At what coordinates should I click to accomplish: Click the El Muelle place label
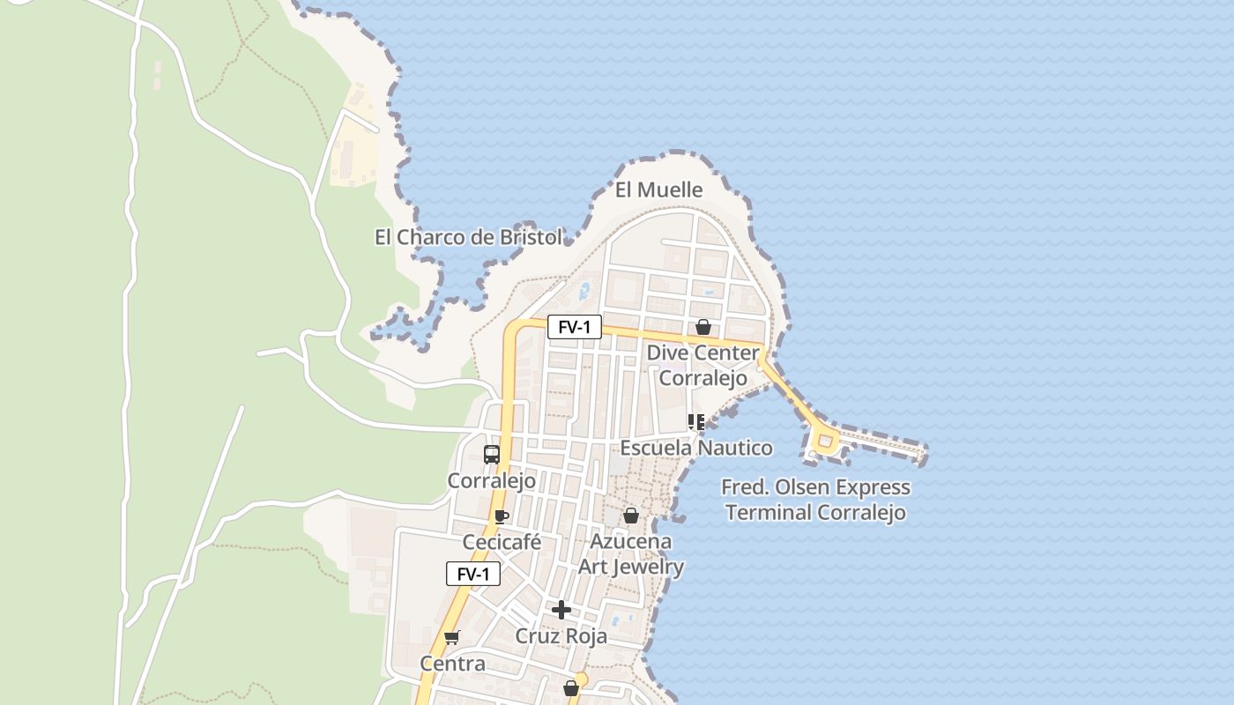(658, 189)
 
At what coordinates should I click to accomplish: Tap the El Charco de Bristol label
(468, 237)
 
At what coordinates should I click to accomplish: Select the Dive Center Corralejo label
(702, 365)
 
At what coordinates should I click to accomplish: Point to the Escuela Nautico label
(696, 448)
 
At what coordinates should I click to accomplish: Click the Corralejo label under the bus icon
(491, 481)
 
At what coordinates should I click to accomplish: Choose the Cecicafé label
(502, 542)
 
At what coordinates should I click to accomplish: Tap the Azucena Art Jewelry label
(631, 553)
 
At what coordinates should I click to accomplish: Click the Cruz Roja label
(561, 636)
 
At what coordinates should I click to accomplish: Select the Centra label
(452, 664)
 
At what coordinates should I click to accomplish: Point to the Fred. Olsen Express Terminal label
(815, 500)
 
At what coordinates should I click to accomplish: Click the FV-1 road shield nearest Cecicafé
(473, 574)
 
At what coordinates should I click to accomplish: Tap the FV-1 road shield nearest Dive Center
(574, 327)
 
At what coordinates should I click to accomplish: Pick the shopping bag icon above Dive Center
(702, 327)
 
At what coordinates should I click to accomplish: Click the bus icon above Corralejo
(491, 455)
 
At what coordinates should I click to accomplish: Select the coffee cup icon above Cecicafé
(502, 516)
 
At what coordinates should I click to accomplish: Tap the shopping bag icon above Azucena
(631, 516)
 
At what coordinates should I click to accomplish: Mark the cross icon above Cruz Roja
(561, 610)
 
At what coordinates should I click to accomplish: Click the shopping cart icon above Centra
(452, 637)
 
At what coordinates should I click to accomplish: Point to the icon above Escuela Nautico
(695, 422)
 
